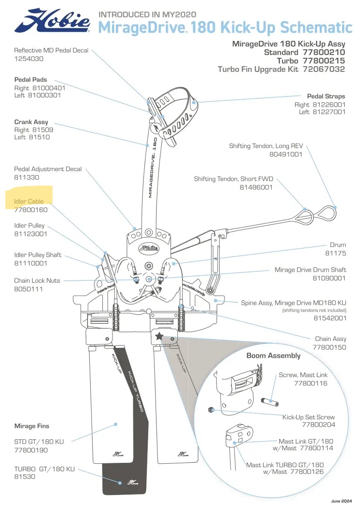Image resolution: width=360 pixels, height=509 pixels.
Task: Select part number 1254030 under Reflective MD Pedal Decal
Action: click(x=29, y=58)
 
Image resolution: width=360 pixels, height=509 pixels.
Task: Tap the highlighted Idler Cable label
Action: click(x=29, y=202)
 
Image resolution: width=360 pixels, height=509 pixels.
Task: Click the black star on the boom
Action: click(x=159, y=336)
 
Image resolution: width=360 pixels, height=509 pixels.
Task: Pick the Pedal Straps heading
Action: click(x=326, y=96)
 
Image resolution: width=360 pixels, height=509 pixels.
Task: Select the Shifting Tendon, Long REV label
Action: click(x=265, y=146)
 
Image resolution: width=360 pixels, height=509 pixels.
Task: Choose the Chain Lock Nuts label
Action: click(x=37, y=280)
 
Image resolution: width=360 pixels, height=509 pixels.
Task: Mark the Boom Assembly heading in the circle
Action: click(x=273, y=356)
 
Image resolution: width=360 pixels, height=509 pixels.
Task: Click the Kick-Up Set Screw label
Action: click(x=309, y=417)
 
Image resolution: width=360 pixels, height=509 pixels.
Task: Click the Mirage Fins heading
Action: click(x=32, y=426)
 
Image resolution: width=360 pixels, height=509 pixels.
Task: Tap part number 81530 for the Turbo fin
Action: click(x=25, y=477)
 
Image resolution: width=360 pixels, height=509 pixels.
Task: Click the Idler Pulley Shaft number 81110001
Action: click(x=31, y=263)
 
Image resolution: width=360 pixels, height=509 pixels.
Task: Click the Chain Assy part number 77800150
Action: click(x=329, y=347)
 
